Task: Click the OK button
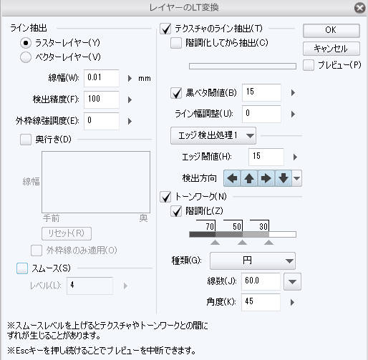[x=331, y=30]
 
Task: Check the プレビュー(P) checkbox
[x=309, y=65]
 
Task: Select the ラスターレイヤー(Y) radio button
[x=26, y=43]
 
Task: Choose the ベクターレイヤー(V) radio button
[x=26, y=57]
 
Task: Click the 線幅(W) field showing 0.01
[x=102, y=78]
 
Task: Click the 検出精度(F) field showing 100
[x=102, y=99]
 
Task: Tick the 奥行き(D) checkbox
[x=26, y=140]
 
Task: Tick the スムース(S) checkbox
[x=22, y=268]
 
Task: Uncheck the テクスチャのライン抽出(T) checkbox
[x=165, y=29]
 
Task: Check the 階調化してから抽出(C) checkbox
[x=176, y=43]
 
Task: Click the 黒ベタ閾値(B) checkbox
[x=176, y=93]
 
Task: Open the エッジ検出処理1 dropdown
[x=213, y=135]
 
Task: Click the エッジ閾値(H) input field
[x=266, y=157]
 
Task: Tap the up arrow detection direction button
[x=249, y=178]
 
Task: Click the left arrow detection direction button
[x=232, y=178]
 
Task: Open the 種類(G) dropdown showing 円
[x=253, y=261]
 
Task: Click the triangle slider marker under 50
[x=242, y=243]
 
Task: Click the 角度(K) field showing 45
[x=261, y=302]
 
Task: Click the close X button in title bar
[x=359, y=8]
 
